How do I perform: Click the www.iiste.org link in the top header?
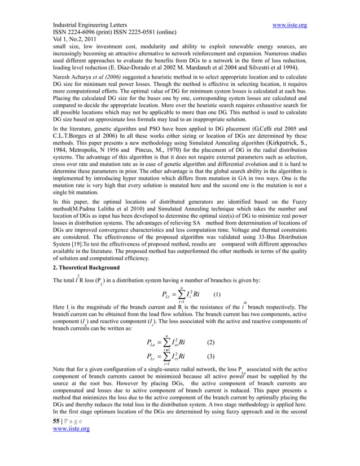289,25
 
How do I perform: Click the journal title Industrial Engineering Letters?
90,25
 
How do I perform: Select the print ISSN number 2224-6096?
84,33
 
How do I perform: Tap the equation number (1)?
217,293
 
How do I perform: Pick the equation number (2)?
211,342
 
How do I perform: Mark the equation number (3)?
211,357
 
